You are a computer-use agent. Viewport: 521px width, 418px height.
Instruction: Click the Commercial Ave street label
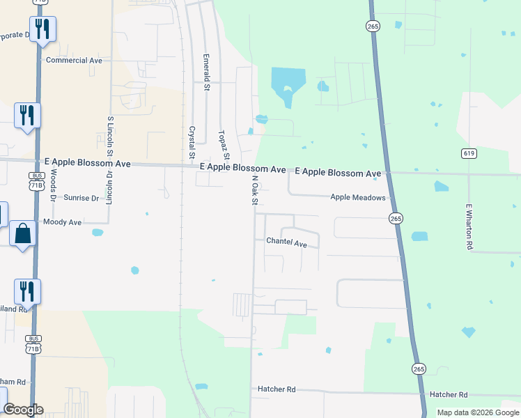[74, 61]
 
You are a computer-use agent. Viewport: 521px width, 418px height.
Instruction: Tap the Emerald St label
[206, 72]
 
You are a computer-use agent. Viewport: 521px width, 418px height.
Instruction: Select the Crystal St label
[191, 141]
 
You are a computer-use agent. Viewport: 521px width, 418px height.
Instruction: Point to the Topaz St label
[222, 146]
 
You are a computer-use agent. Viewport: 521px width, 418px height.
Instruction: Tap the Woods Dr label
[53, 189]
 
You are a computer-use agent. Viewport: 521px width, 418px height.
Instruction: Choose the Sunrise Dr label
[81, 199]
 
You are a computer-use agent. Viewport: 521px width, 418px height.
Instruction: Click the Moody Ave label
[63, 222]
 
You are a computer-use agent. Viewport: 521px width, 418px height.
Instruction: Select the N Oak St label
[255, 190]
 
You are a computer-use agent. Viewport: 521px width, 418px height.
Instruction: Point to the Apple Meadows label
[358, 198]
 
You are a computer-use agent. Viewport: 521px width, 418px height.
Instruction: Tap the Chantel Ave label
[286, 244]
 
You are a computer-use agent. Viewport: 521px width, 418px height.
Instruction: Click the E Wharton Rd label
[469, 227]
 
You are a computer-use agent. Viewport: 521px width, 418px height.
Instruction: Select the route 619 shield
[469, 153]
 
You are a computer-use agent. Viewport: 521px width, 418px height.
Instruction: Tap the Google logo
[23, 410]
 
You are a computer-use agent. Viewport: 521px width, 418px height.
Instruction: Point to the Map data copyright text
[478, 412]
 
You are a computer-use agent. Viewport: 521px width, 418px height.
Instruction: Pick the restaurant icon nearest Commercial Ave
[42, 29]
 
